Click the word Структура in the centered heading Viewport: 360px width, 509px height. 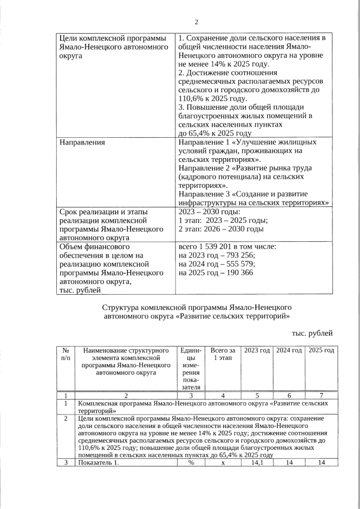coord(121,308)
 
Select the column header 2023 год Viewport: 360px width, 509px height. coord(256,350)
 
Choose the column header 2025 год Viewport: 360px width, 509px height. coord(322,350)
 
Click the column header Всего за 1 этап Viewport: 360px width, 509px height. coord(223,354)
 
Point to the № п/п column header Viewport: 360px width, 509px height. coord(66,354)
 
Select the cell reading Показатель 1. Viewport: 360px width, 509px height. coord(99,462)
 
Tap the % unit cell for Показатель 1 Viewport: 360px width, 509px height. coord(191,462)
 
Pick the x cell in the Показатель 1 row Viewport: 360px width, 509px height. coord(223,462)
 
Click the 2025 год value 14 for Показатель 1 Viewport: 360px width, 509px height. coord(322,462)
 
